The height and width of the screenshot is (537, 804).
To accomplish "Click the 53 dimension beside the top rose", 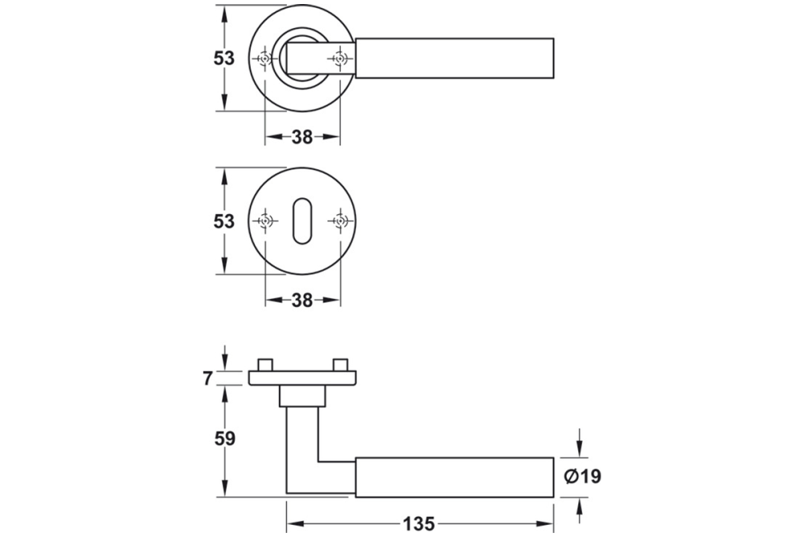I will click(224, 59).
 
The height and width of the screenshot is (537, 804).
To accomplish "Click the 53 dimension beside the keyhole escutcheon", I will click(224, 221).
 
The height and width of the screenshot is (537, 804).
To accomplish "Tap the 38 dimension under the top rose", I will click(301, 138).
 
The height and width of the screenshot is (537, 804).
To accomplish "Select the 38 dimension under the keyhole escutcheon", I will click(301, 300).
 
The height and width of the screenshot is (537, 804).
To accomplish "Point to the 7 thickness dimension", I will click(208, 378).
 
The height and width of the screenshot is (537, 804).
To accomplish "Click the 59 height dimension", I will click(224, 439).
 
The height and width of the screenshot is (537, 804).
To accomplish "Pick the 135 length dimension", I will click(419, 524).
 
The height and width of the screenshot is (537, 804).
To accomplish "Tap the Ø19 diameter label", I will click(583, 477).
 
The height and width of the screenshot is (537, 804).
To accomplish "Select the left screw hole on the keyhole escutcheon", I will click(264, 221).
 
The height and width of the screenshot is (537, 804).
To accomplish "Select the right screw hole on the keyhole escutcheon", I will click(340, 221).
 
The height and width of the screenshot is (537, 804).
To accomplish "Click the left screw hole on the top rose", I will click(264, 59).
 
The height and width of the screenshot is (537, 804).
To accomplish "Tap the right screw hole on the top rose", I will click(340, 59).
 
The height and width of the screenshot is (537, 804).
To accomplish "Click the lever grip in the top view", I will click(454, 59).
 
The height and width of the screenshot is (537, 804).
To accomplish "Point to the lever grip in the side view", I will click(454, 477).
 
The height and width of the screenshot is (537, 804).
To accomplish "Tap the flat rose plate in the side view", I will click(301, 378).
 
